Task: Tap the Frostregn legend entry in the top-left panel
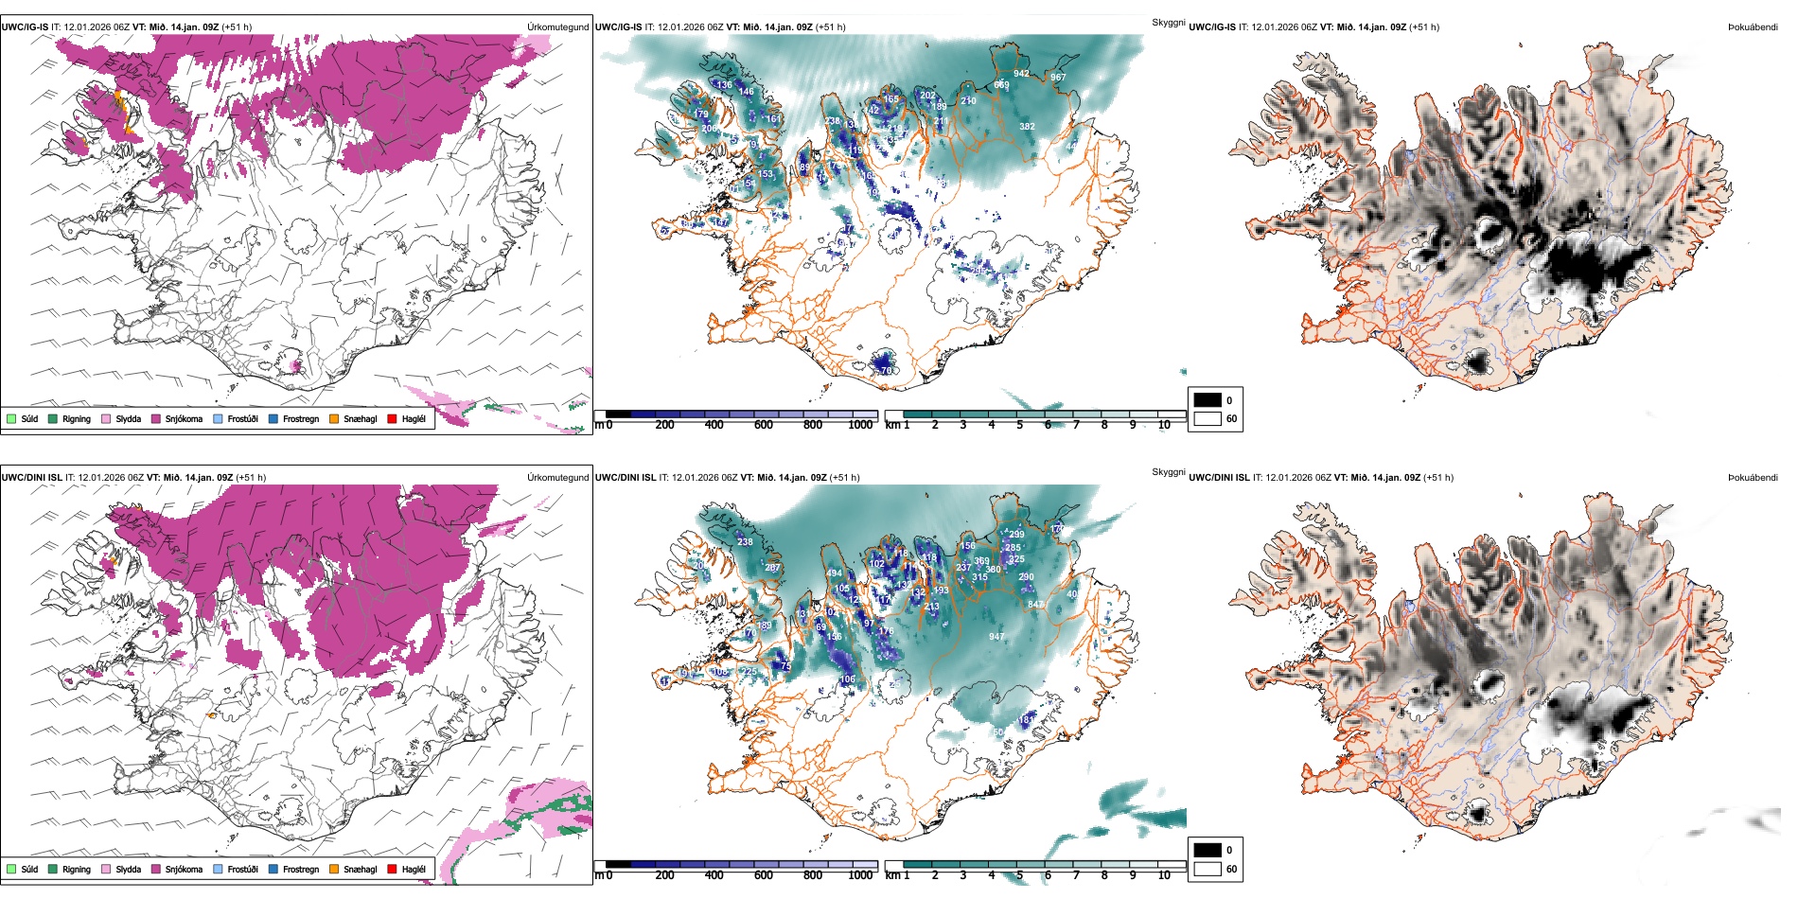click(x=300, y=418)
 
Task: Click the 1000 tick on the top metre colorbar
click(x=860, y=425)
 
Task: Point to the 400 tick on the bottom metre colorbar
click(x=714, y=875)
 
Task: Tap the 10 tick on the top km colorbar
click(x=1164, y=425)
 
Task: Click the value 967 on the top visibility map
click(x=1057, y=78)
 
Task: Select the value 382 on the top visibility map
click(x=1027, y=126)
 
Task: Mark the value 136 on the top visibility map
click(x=724, y=84)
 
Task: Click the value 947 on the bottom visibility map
click(x=996, y=637)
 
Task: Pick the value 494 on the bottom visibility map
click(x=834, y=573)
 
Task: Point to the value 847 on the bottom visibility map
click(x=1035, y=605)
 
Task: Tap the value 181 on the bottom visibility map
click(x=1026, y=720)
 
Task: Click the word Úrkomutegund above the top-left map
click(x=557, y=27)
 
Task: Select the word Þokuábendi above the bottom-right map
click(x=1753, y=478)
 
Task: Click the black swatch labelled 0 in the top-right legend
click(x=1207, y=400)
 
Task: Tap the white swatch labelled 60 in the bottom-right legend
click(x=1207, y=868)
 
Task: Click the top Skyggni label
click(x=1168, y=22)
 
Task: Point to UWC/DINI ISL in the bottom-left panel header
click(x=31, y=478)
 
